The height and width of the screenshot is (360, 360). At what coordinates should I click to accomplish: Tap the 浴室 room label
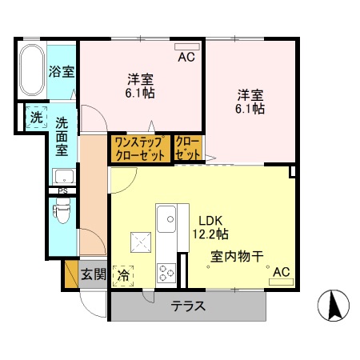62,70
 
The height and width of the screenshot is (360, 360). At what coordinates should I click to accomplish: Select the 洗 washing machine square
37,116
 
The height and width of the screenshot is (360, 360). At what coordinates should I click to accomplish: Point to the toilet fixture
61,212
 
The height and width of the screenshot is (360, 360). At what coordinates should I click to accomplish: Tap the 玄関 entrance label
94,274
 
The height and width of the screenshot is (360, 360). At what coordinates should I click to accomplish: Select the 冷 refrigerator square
123,274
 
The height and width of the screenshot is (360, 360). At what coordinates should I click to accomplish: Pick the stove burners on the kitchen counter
166,272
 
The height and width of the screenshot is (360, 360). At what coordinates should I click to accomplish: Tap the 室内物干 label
238,257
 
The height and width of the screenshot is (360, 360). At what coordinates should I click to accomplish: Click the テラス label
189,306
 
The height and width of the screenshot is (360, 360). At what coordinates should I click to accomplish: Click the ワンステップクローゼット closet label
140,147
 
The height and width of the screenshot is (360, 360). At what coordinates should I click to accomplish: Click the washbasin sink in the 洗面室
64,175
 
